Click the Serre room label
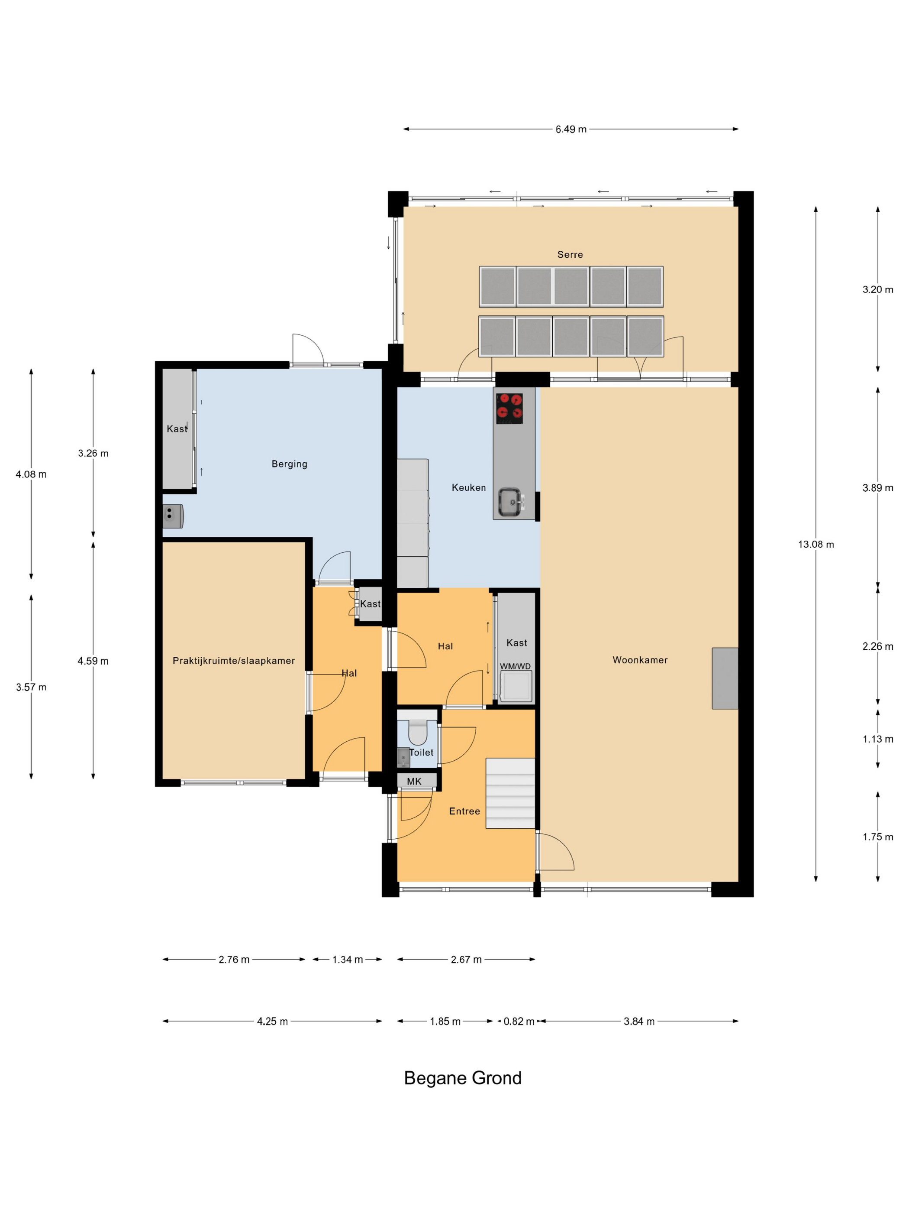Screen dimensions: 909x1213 pyautogui.click(x=570, y=254)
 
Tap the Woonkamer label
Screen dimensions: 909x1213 pyautogui.click(x=640, y=660)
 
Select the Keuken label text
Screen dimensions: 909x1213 pyautogui.click(x=468, y=487)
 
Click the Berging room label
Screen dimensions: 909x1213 pyautogui.click(x=289, y=464)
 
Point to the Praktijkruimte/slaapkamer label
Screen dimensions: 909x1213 pyautogui.click(x=234, y=661)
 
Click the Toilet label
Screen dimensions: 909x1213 pyautogui.click(x=421, y=752)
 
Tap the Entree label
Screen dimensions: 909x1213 pyautogui.click(x=464, y=811)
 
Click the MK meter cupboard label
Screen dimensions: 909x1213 pyautogui.click(x=414, y=782)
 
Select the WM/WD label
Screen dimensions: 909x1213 pyautogui.click(x=515, y=666)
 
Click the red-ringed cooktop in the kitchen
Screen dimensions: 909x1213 pyautogui.click(x=509, y=409)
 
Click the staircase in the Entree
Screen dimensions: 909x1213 pyautogui.click(x=510, y=793)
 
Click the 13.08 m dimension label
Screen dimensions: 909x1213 pyautogui.click(x=816, y=545)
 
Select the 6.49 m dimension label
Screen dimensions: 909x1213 pyautogui.click(x=571, y=130)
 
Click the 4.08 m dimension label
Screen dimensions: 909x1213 pyautogui.click(x=31, y=474)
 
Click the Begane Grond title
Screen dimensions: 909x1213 pyautogui.click(x=462, y=1078)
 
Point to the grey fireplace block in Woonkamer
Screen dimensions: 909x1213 pyautogui.click(x=725, y=678)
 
